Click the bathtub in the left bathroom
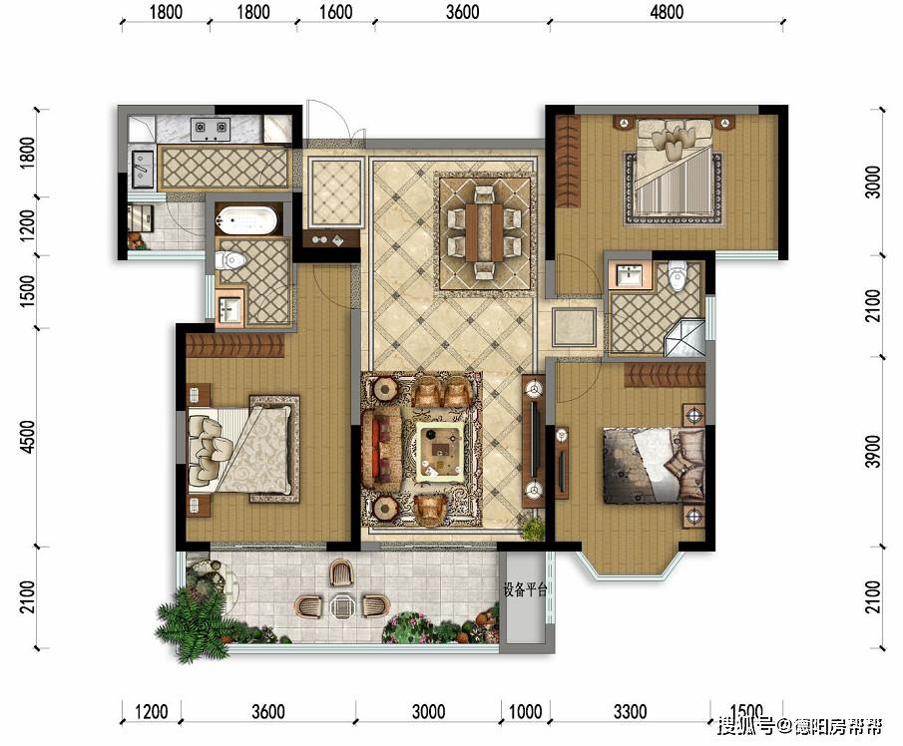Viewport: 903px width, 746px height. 246,219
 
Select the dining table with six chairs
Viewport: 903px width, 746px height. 485,232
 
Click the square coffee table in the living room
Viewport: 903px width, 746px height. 441,451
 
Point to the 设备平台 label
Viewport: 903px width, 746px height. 525,590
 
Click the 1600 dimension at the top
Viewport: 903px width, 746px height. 335,12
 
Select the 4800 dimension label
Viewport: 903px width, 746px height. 667,12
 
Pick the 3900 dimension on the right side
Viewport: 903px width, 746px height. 874,452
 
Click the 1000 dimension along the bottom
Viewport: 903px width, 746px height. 525,712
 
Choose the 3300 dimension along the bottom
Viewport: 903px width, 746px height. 630,712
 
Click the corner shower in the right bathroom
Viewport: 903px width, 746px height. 684,338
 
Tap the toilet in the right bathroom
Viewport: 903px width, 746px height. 677,275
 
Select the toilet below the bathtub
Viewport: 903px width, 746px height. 230,261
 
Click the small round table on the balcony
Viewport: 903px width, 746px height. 342,606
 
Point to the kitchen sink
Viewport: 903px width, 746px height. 143,169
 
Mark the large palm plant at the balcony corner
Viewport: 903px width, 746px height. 189,621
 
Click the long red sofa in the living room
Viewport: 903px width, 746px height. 381,450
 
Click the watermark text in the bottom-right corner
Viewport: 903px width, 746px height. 799,726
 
